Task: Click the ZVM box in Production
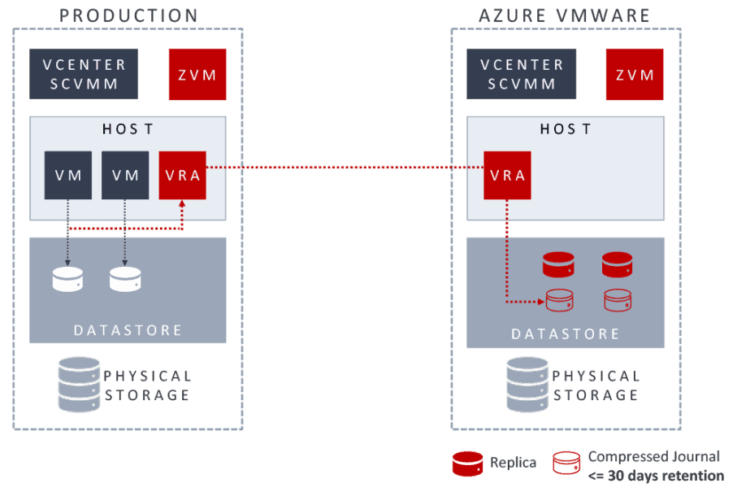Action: (197, 74)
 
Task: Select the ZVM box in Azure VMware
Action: (635, 74)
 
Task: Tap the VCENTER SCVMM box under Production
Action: (84, 74)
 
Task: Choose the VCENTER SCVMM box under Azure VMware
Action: (522, 74)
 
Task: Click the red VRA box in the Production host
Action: (183, 175)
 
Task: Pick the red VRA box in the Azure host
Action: (507, 175)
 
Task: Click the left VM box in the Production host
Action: (67, 175)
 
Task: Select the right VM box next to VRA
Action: (125, 175)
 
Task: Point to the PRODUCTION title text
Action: (128, 15)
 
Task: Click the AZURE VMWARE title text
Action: (565, 15)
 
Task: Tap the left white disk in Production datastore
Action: (67, 279)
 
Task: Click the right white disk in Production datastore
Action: (126, 279)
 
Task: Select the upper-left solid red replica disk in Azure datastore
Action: (558, 263)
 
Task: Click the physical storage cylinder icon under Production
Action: (79, 384)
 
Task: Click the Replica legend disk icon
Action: (467, 464)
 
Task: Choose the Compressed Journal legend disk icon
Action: (567, 464)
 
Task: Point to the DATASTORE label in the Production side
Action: (128, 330)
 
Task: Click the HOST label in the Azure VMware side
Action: (566, 129)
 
